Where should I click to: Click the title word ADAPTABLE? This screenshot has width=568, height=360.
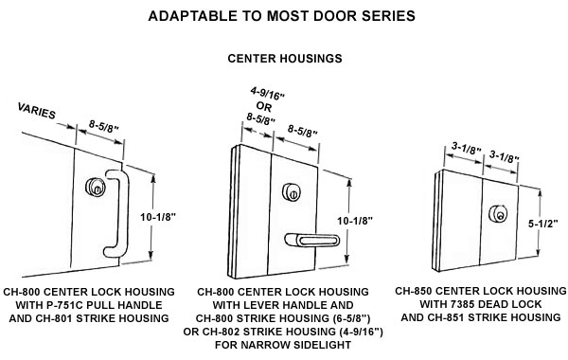coord(191,16)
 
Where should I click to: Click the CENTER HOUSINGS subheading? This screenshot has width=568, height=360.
coord(285,59)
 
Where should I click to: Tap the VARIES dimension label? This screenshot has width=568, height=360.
coord(37,111)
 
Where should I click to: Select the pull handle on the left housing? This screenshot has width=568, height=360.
coord(116,213)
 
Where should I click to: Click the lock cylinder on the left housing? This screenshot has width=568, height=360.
coord(96,187)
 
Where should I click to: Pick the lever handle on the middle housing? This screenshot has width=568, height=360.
coord(311,240)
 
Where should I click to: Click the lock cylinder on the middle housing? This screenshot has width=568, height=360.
coord(292,192)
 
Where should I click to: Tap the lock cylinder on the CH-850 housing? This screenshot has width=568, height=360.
coord(497,213)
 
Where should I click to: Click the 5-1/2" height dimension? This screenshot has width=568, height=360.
coord(543,224)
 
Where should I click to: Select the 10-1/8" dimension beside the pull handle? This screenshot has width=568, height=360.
coord(158,217)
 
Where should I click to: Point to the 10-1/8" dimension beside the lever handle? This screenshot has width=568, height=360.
coord(355,221)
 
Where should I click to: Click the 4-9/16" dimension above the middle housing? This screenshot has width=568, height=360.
coord(267,94)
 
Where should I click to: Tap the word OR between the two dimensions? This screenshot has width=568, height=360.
coord(264,107)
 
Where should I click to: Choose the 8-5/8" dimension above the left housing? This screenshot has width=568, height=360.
coord(104,127)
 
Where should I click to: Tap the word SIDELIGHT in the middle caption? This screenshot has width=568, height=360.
coord(322,345)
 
